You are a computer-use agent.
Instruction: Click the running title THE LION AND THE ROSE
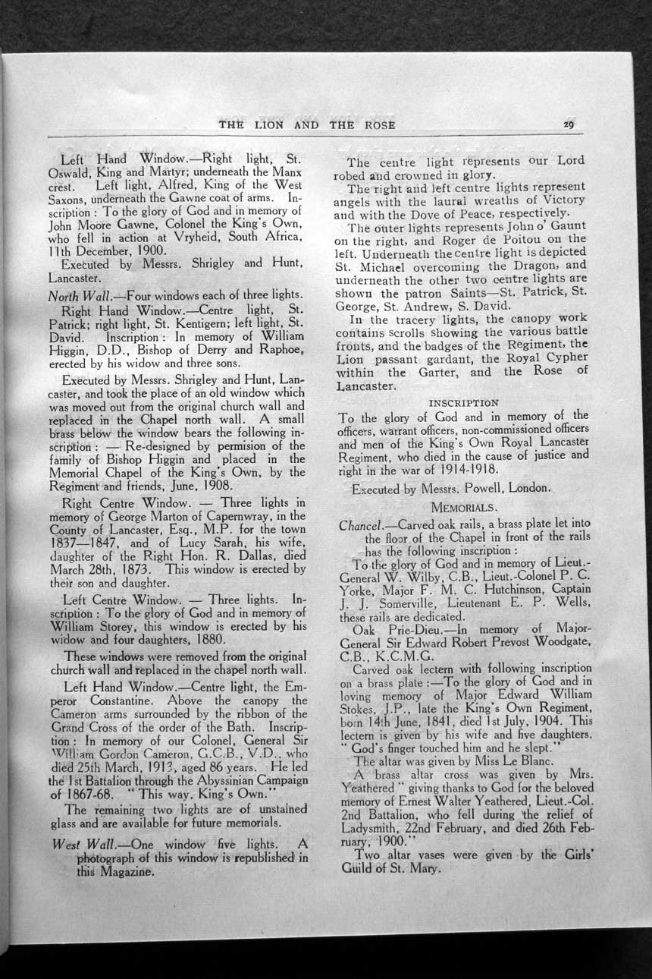tap(306, 124)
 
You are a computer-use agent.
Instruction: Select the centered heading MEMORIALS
tap(464, 506)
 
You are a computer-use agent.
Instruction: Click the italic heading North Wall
tap(74, 295)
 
